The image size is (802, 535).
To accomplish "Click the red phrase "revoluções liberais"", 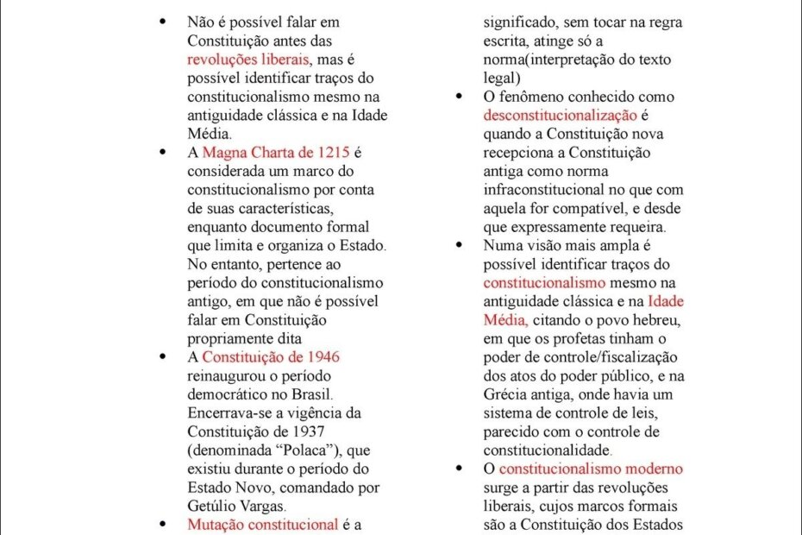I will tap(247, 60).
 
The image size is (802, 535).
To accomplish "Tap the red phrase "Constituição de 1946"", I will tap(265, 357).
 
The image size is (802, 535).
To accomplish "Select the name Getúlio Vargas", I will tap(235, 507).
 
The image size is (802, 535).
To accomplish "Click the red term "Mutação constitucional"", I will tap(262, 525).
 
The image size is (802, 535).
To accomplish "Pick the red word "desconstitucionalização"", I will tap(561, 116).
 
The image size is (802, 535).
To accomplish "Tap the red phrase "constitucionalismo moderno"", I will tap(591, 469).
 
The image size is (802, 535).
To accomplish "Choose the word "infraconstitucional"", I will tap(547, 190).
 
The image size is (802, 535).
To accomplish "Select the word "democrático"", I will tap(226, 394).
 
